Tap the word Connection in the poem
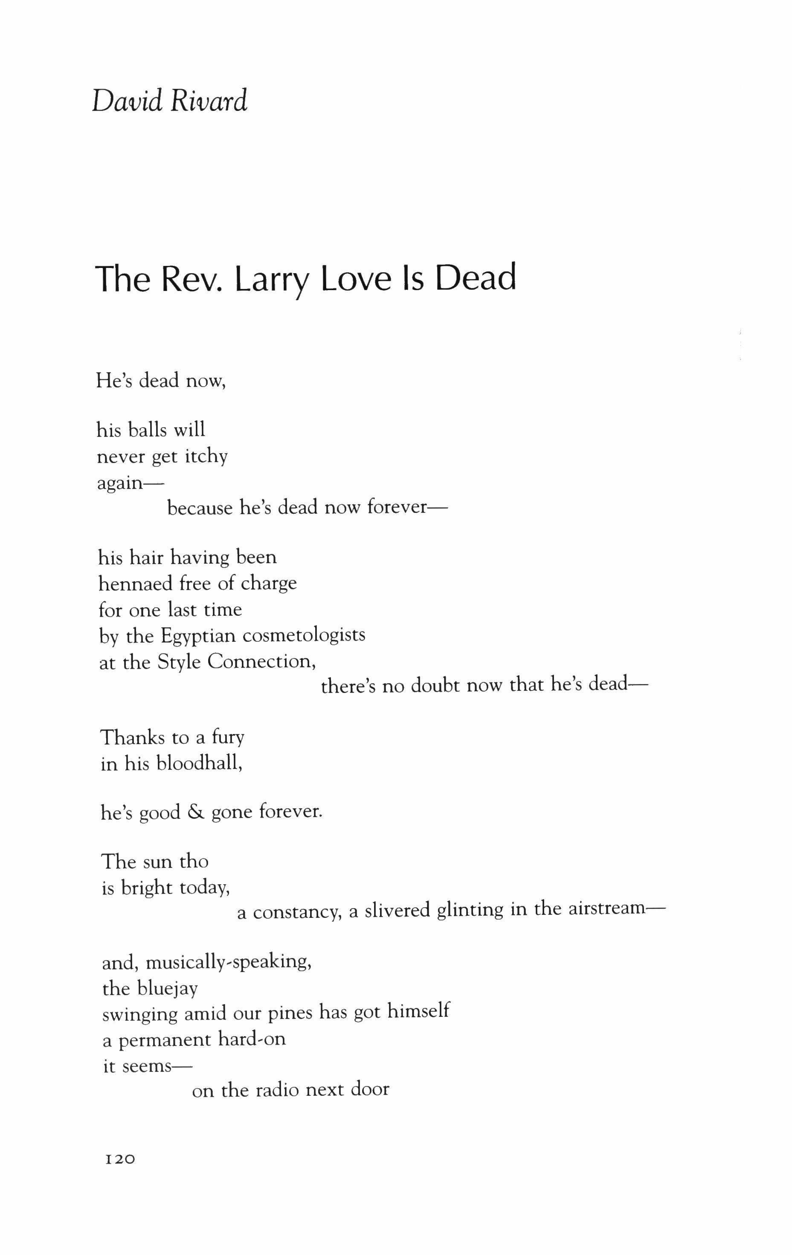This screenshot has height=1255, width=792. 262,661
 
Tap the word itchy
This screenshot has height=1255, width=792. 206,457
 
